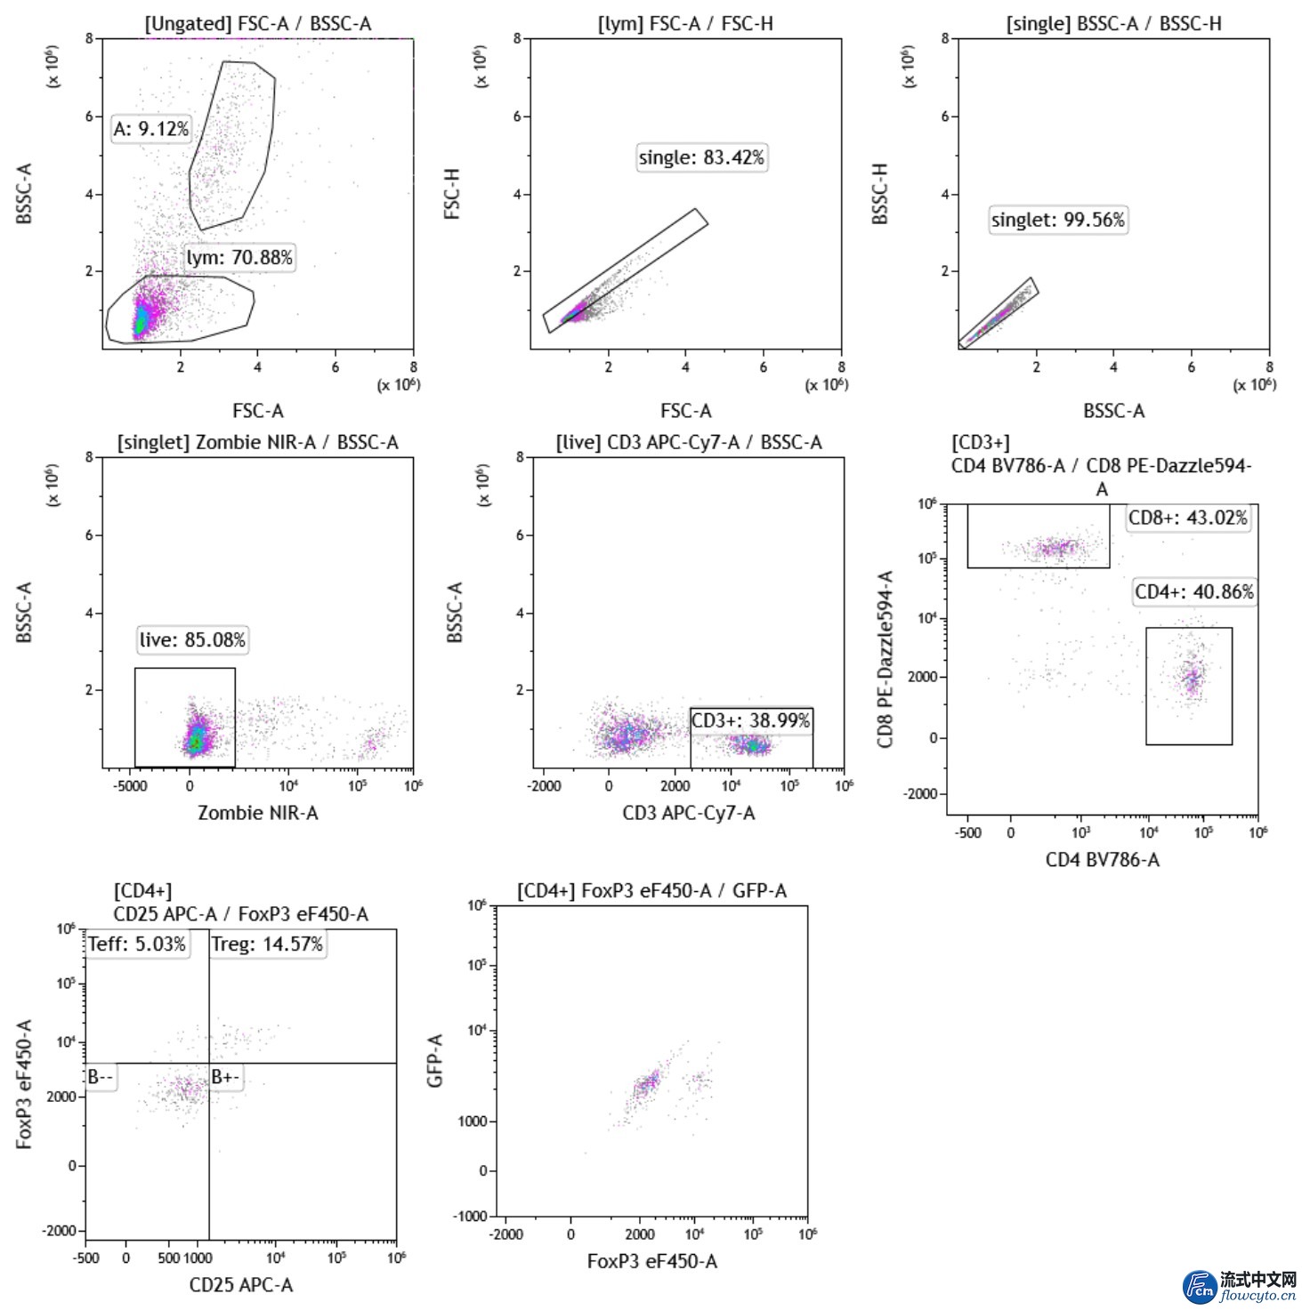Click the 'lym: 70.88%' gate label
pos(239,258)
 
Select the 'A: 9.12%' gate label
pos(151,129)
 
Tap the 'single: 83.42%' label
pos(701,157)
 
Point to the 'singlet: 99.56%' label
pos(1058,220)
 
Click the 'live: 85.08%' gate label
pos(192,639)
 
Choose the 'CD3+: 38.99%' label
pos(751,720)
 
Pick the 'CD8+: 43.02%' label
pos(1188,518)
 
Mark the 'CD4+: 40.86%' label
pos(1194,591)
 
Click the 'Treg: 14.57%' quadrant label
pos(267,944)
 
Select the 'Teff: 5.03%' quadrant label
pos(137,944)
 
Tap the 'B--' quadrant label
pos(100,1077)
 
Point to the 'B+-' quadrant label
pos(225,1077)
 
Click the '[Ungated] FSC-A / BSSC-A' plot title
pos(258,24)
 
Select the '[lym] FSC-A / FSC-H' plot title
pos(685,24)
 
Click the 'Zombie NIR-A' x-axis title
pos(257,812)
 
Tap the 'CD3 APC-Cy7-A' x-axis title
pos(689,812)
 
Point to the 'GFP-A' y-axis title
pos(434,1060)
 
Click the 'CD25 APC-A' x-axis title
pos(241,1284)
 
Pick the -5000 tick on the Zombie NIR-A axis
pos(130,786)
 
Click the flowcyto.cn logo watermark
pos(1239,1287)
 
